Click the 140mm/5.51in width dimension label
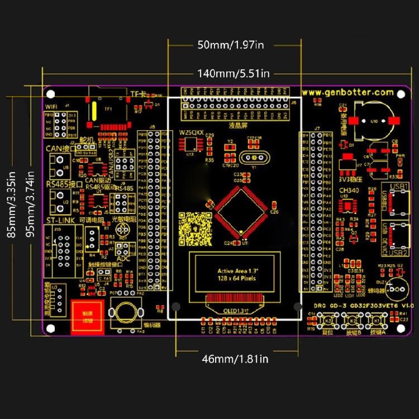coord(234,73)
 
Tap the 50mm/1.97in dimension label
coord(230,45)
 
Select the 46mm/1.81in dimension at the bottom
coord(235,359)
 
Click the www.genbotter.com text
coord(347,92)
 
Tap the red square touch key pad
coord(87,317)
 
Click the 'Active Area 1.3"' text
coord(235,271)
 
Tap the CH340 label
coord(349,191)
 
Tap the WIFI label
coord(52,106)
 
